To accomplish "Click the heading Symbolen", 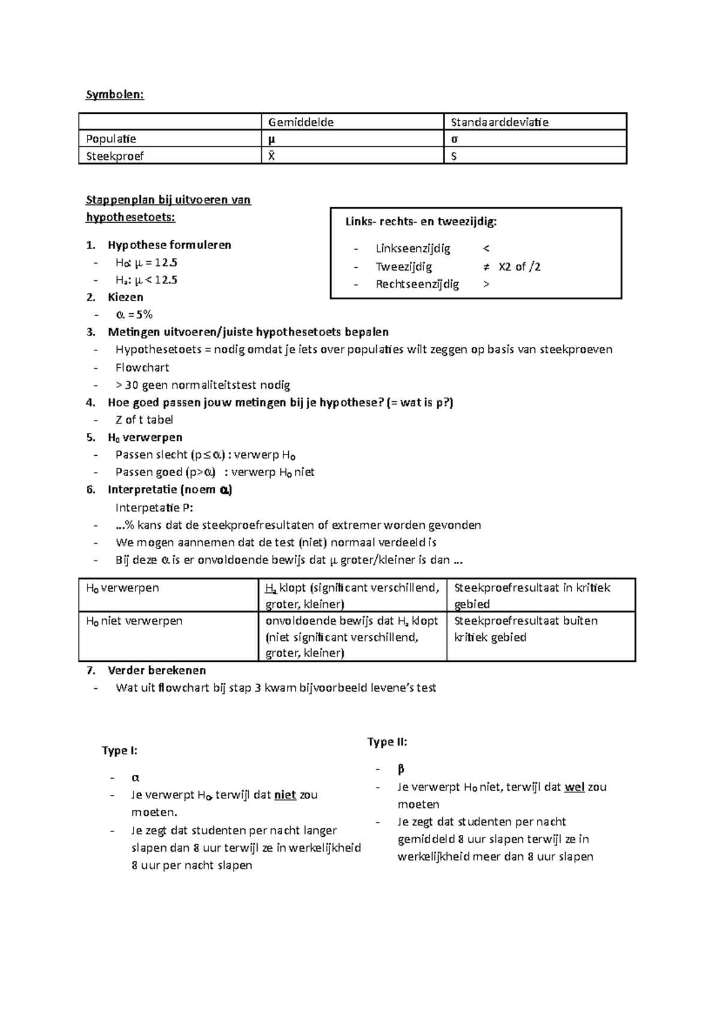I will (x=114, y=95).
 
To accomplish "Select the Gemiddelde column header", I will (x=301, y=122).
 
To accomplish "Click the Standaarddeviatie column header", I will (x=499, y=122).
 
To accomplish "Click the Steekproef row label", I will (x=114, y=156).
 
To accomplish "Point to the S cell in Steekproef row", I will (x=454, y=156).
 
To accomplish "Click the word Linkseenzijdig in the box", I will (x=413, y=249).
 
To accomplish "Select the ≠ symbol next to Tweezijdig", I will (x=486, y=267).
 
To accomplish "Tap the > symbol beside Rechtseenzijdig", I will (x=486, y=284).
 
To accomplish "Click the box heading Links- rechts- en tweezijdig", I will (x=421, y=222).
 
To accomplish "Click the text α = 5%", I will (x=134, y=314).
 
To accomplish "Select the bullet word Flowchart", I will (x=142, y=367).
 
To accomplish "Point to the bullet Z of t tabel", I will (x=144, y=419).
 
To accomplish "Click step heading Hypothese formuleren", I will (x=169, y=245).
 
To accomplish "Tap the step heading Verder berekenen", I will (x=156, y=670).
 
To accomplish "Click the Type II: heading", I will (x=387, y=742).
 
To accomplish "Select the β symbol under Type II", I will (x=401, y=769).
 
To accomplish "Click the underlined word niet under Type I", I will (x=285, y=795).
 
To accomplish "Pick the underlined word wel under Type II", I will (x=574, y=787).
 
